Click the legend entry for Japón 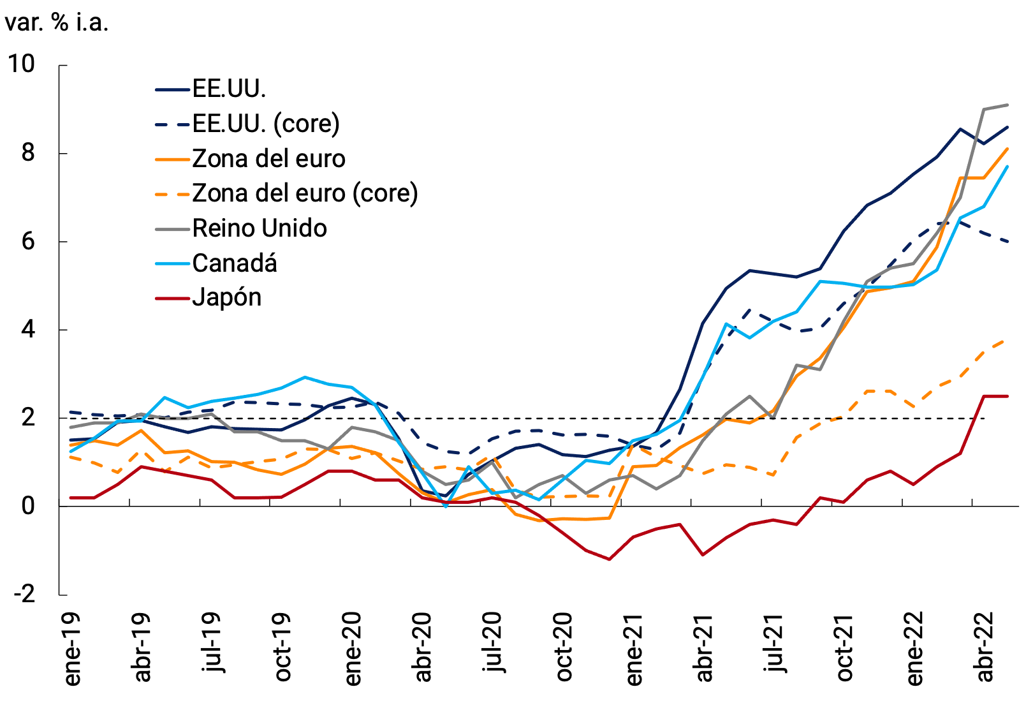pyautogui.click(x=226, y=298)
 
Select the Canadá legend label pyautogui.click(x=234, y=263)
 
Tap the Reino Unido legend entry pyautogui.click(x=259, y=228)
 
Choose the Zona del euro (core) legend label pyautogui.click(x=304, y=193)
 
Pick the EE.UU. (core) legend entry pyautogui.click(x=265, y=124)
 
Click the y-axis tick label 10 pyautogui.click(x=21, y=64)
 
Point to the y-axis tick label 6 pyautogui.click(x=28, y=241)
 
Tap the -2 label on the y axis pyautogui.click(x=24, y=595)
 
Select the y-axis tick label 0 pyautogui.click(x=28, y=506)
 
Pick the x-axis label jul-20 pyautogui.click(x=494, y=643)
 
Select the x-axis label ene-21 pyautogui.click(x=634, y=649)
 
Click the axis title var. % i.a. pyautogui.click(x=56, y=22)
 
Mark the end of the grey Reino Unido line pyautogui.click(x=1007, y=105)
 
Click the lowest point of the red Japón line pyautogui.click(x=610, y=559)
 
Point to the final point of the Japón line pyautogui.click(x=1007, y=396)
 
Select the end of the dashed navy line pyautogui.click(x=1007, y=242)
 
